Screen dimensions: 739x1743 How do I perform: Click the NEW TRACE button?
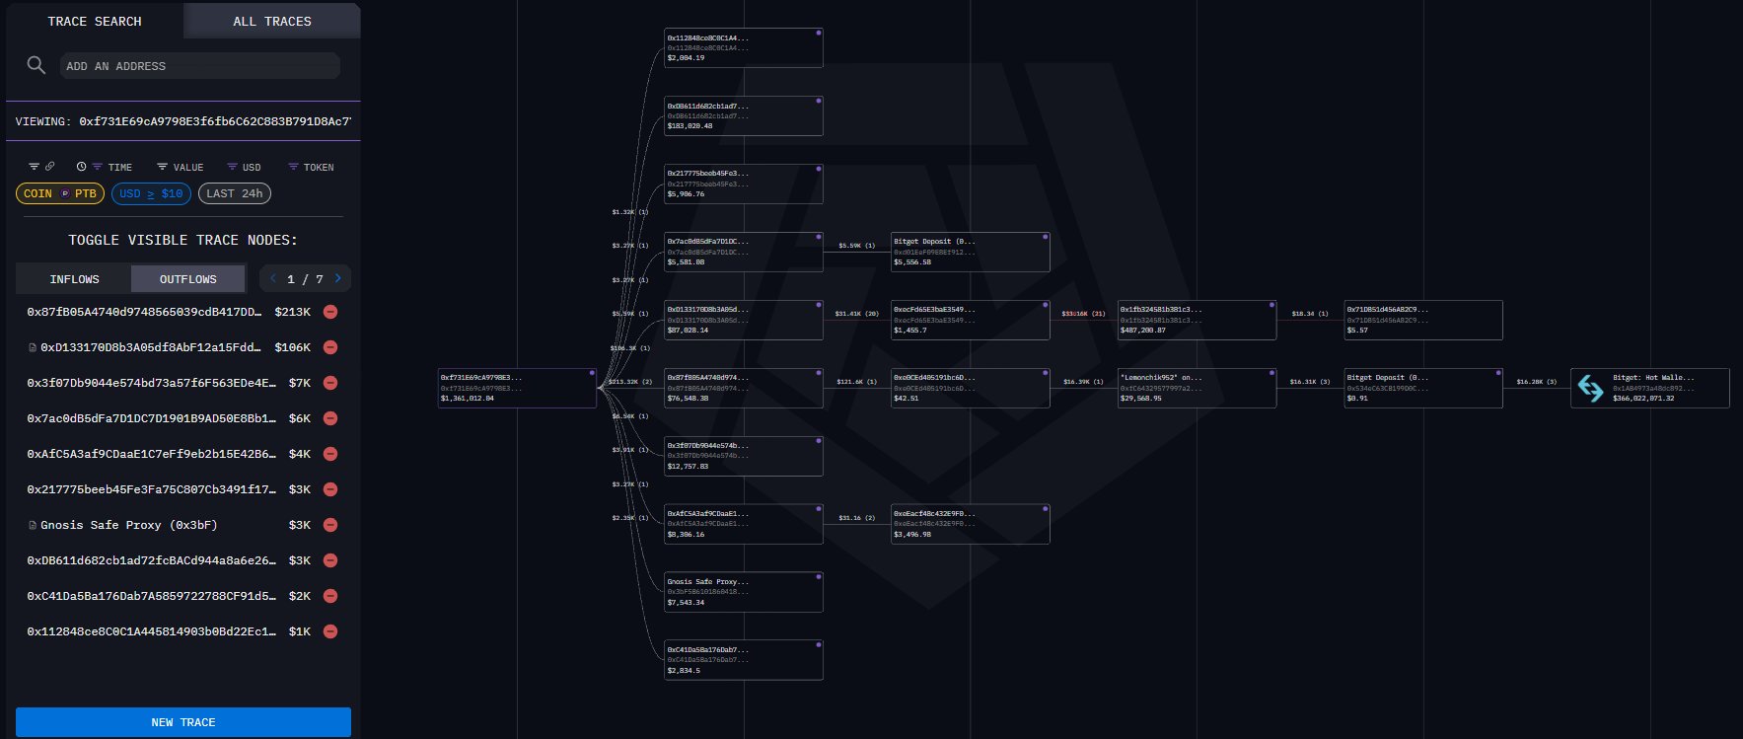pyautogui.click(x=182, y=721)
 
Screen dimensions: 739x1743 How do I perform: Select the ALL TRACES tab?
pyautogui.click(x=271, y=21)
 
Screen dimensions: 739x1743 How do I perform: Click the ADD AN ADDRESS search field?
pyautogui.click(x=200, y=66)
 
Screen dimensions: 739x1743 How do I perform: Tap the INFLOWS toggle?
pyautogui.click(x=74, y=279)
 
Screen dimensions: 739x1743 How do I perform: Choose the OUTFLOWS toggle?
pyautogui.click(x=187, y=279)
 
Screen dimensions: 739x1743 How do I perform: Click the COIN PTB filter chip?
pyautogui.click(x=60, y=193)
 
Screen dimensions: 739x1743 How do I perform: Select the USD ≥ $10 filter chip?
pyautogui.click(x=151, y=193)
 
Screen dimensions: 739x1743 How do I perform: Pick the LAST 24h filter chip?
pyautogui.click(x=235, y=193)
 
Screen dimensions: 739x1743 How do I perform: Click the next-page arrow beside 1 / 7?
pyautogui.click(x=337, y=279)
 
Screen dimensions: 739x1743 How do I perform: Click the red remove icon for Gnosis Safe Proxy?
pyautogui.click(x=330, y=525)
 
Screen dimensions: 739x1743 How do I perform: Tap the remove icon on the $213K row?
pyautogui.click(x=330, y=312)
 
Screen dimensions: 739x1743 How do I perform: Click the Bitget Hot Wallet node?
pyautogui.click(x=1649, y=388)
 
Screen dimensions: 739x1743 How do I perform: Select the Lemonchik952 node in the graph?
pyautogui.click(x=1197, y=388)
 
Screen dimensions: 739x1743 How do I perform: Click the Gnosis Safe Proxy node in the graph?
pyautogui.click(x=744, y=592)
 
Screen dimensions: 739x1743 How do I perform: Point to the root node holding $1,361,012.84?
pyautogui.click(x=517, y=388)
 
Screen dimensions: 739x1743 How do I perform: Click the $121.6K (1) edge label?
pyautogui.click(x=856, y=382)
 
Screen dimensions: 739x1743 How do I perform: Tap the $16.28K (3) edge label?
pyautogui.click(x=1536, y=382)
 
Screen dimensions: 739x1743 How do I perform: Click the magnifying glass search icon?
pyautogui.click(x=36, y=65)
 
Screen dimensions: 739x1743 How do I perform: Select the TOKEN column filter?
pyautogui.click(x=311, y=167)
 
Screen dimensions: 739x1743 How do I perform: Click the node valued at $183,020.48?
pyautogui.click(x=744, y=115)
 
